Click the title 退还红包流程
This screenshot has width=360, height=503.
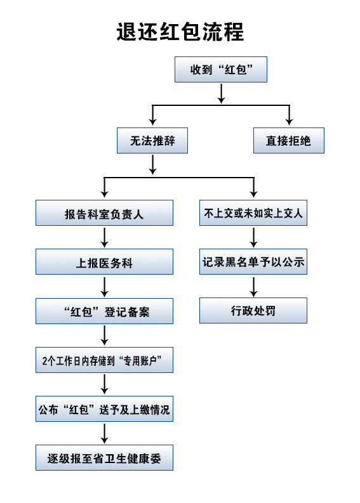coord(180,32)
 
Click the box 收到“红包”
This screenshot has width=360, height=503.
coord(221,70)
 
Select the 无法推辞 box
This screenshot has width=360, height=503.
coord(152,141)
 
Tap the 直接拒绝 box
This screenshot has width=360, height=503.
coord(289,141)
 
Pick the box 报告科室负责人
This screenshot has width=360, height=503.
coord(104,213)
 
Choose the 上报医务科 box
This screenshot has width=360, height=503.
coord(104,262)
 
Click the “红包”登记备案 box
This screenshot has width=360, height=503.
coord(104,311)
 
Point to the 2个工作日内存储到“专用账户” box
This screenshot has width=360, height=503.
coord(104,360)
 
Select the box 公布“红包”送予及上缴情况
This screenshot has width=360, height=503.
coord(104,408)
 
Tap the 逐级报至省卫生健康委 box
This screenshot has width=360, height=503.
coord(104,458)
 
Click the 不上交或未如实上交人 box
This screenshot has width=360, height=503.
coord(253,213)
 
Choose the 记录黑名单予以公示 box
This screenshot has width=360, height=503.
coord(253,262)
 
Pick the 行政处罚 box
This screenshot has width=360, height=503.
coord(253,311)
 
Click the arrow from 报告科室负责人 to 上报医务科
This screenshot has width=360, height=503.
coord(104,237)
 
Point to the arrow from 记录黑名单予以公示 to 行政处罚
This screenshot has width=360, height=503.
coord(254,287)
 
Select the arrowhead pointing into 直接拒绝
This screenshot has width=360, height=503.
coord(290,122)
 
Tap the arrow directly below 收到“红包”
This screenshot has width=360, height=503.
coord(221,94)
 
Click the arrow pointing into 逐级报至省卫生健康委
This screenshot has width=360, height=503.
coord(104,433)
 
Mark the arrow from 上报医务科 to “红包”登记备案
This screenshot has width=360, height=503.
coord(104,287)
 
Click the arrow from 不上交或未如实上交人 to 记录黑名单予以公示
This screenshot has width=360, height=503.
coord(254,237)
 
